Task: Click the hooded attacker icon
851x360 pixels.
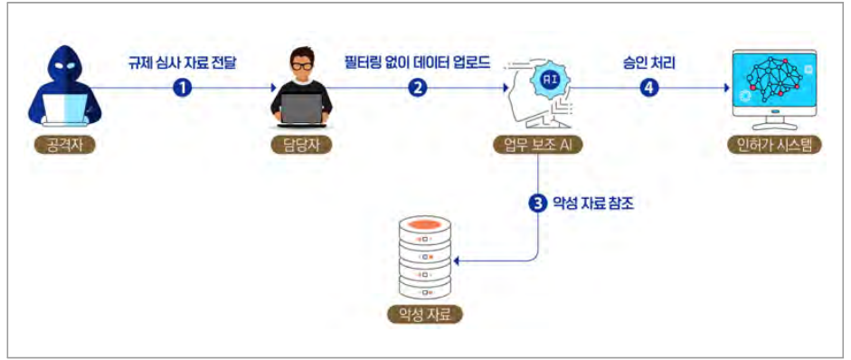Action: [x=64, y=86]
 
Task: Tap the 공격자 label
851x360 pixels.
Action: [x=63, y=146]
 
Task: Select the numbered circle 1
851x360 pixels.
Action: [x=183, y=88]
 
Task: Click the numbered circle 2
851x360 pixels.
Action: [x=417, y=88]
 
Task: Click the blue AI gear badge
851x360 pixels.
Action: [x=548, y=79]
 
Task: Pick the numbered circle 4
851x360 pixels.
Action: [x=648, y=88]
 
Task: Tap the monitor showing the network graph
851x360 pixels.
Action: [x=774, y=87]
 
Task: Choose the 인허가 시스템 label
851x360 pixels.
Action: [x=774, y=146]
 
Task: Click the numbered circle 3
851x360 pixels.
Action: [x=537, y=204]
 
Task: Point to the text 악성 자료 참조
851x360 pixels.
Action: [x=592, y=204]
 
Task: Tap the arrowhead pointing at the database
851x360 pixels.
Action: [x=457, y=261]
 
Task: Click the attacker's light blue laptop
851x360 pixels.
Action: [x=64, y=109]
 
